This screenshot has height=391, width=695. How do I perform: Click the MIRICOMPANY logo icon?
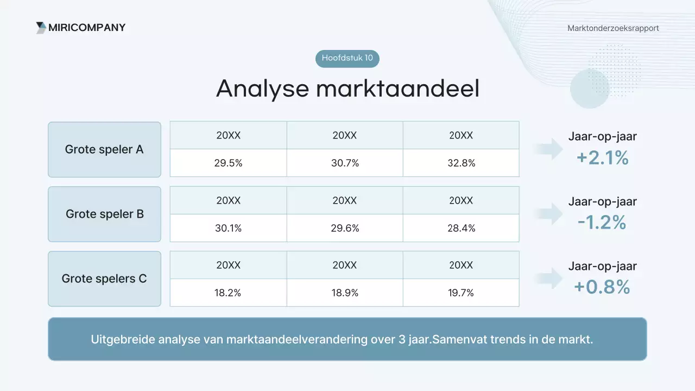pyautogui.click(x=41, y=28)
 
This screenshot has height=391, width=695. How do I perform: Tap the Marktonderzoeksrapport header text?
pyautogui.click(x=613, y=28)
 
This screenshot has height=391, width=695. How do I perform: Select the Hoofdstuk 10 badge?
pyautogui.click(x=347, y=58)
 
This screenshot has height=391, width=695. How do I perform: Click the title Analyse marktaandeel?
pyautogui.click(x=347, y=89)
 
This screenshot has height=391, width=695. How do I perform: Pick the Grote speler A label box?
pyautogui.click(x=104, y=149)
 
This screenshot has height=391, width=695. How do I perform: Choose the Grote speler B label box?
pyautogui.click(x=104, y=214)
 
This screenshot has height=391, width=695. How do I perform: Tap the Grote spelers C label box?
pyautogui.click(x=104, y=279)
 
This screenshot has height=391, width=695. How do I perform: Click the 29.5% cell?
pyautogui.click(x=228, y=163)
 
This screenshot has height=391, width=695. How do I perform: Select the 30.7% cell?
pyautogui.click(x=345, y=163)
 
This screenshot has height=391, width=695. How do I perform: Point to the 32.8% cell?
pyautogui.click(x=461, y=163)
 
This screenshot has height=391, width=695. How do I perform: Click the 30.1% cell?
pyautogui.click(x=228, y=228)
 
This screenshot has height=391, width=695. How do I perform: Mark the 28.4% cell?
pyautogui.click(x=461, y=228)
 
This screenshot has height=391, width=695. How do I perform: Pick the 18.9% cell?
pyautogui.click(x=345, y=293)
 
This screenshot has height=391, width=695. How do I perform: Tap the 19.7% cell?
pyautogui.click(x=461, y=293)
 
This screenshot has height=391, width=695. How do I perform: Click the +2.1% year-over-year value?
pyautogui.click(x=602, y=157)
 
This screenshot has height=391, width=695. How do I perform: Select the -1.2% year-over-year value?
pyautogui.click(x=602, y=222)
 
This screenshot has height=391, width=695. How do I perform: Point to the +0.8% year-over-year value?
pyautogui.click(x=602, y=287)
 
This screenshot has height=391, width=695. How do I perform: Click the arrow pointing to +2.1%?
pyautogui.click(x=549, y=149)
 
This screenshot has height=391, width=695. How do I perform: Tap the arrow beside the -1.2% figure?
pyautogui.click(x=549, y=213)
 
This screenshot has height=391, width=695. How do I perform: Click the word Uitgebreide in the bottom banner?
pyautogui.click(x=123, y=339)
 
